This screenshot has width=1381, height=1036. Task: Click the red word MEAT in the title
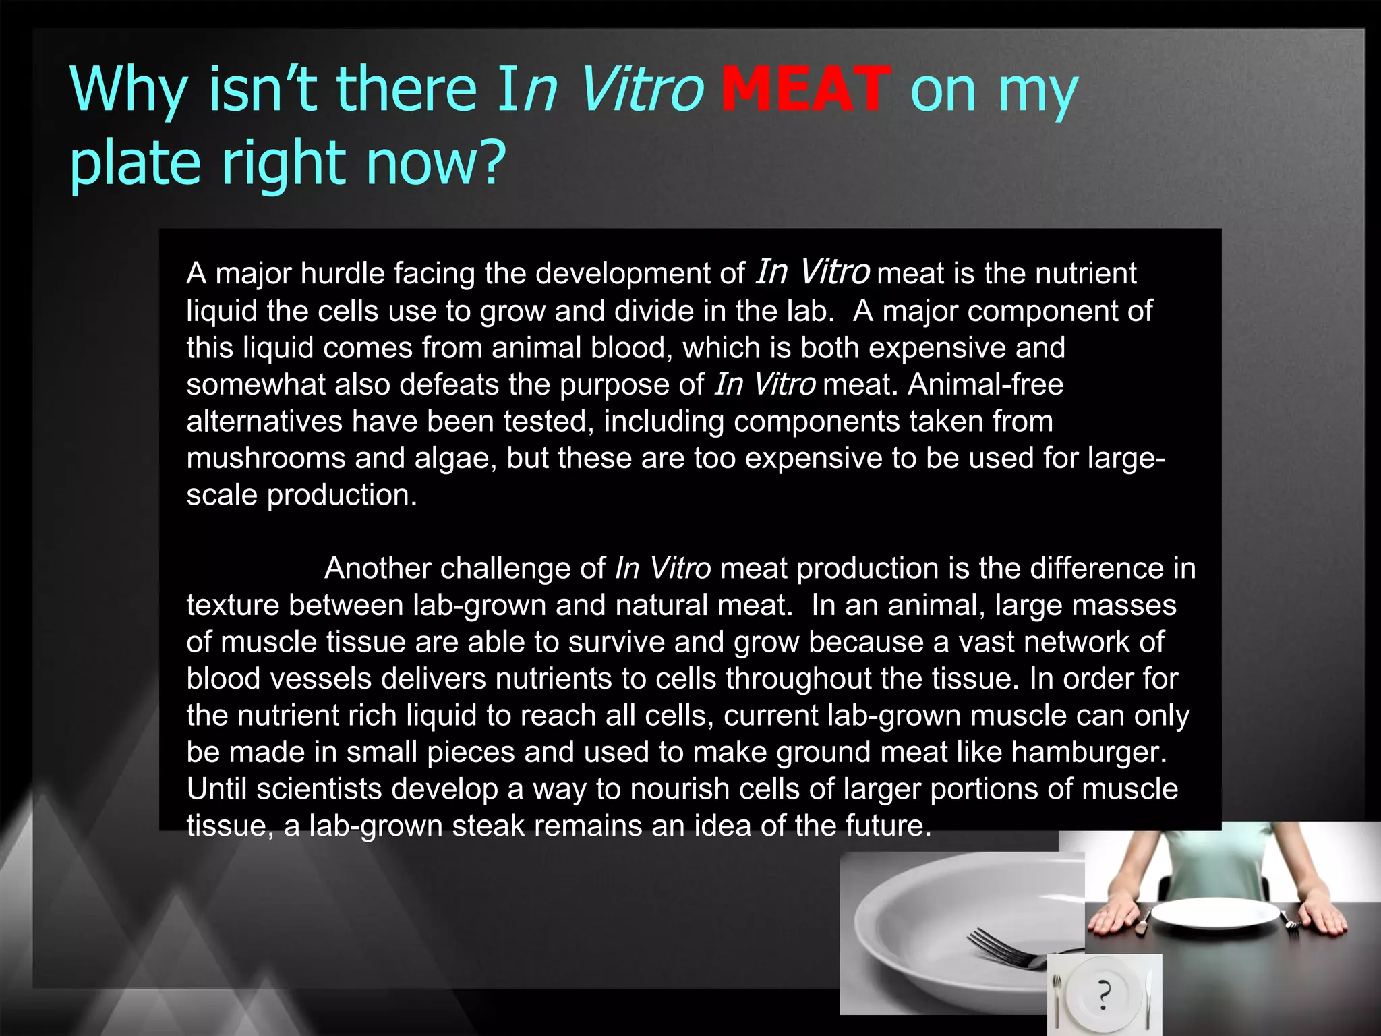click(x=806, y=90)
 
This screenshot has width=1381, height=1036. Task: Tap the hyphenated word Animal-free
click(x=985, y=384)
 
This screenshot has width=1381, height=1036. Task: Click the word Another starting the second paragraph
click(x=377, y=568)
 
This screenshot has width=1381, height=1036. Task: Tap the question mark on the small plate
click(x=1104, y=994)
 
